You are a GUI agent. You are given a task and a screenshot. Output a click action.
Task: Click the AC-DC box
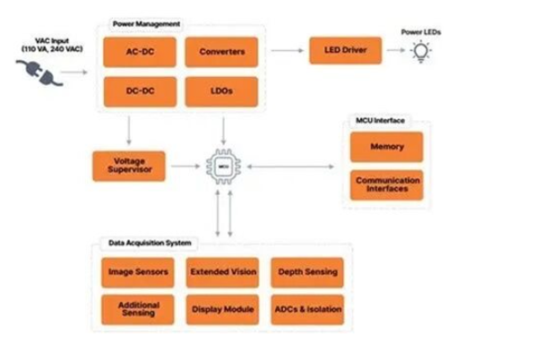pos(140,51)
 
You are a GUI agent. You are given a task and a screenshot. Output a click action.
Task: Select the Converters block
pos(221,51)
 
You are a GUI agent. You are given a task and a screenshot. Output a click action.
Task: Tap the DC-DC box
pos(140,91)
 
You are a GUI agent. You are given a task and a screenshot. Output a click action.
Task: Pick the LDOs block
pos(221,91)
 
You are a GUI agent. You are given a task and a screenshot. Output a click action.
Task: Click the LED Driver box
pos(346,50)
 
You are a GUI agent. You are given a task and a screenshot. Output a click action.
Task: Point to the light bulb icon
pos(419,51)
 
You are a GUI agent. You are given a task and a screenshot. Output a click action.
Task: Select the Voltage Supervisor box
pos(129,166)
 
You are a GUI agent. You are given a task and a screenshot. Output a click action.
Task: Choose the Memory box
pos(386,147)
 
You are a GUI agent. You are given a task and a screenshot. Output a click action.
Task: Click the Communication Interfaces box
pos(386,184)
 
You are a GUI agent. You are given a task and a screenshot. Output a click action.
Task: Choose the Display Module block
pos(222,310)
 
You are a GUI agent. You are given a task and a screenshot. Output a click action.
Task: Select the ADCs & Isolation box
pos(306,310)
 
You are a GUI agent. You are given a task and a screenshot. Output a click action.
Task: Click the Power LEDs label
pos(421,31)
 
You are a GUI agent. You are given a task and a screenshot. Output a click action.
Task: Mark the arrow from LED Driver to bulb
pos(394,51)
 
